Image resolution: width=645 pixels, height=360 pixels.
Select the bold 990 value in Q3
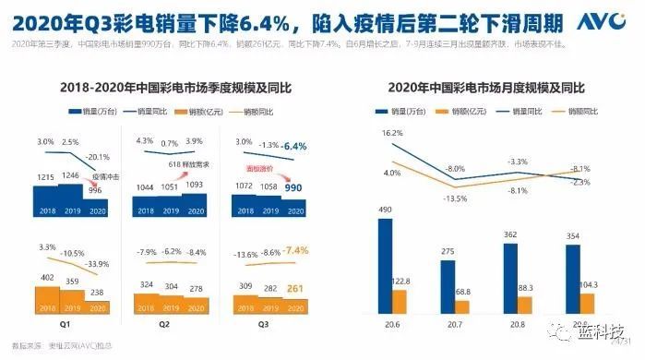point(294,186)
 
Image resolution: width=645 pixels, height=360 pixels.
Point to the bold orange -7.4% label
point(294,250)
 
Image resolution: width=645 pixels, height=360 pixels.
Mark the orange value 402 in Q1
point(45,276)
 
